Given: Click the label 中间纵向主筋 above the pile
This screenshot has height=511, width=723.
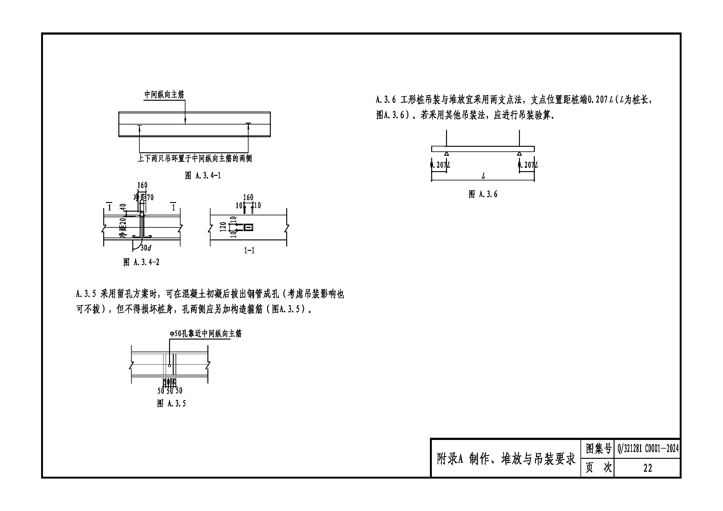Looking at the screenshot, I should click(164, 95).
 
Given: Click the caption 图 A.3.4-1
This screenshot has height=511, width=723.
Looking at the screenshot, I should click(203, 175).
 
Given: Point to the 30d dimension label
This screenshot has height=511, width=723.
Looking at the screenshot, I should click(146, 248).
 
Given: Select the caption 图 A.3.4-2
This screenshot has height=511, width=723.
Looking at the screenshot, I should click(141, 262).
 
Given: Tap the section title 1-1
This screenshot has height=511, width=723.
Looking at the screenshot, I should click(249, 251).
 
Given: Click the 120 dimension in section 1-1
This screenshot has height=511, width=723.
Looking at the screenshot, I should click(223, 227).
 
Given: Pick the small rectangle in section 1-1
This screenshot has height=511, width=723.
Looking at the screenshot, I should click(249, 227).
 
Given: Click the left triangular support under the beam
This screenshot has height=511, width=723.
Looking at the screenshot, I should click(446, 154).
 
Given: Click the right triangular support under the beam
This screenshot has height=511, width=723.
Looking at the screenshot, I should click(519, 154).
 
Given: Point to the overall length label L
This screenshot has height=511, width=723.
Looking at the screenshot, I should click(483, 176).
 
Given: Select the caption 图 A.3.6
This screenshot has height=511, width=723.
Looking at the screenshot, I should click(483, 194).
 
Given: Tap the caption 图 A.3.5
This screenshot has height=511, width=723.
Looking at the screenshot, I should click(171, 403).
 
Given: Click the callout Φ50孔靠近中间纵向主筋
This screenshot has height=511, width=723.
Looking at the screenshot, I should click(206, 334).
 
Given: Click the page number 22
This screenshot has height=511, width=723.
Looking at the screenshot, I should click(648, 468).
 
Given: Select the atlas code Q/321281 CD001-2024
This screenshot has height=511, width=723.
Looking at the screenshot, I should click(648, 448).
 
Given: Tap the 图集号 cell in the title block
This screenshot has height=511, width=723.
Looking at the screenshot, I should click(598, 448).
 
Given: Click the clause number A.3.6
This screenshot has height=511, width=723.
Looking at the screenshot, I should click(385, 100).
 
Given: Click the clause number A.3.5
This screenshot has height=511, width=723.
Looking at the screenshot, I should click(86, 294).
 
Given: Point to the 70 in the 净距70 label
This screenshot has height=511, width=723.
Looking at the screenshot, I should click(150, 197).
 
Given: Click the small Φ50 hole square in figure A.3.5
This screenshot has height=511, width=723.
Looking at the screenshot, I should click(169, 365).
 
